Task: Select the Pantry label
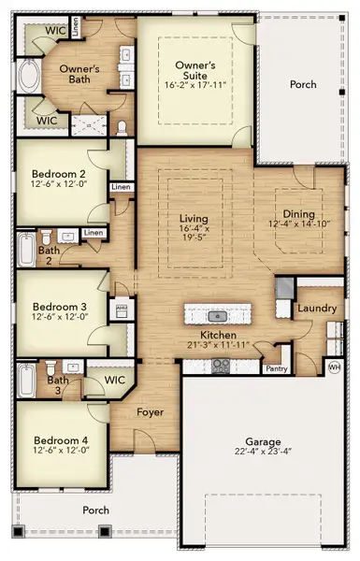277,368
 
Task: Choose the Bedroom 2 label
58,174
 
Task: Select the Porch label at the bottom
95,510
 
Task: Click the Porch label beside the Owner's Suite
303,83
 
